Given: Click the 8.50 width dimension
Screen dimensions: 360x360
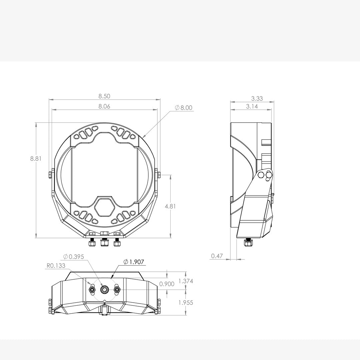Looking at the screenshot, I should point(104,96).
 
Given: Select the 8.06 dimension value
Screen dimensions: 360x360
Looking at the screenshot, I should point(104,107).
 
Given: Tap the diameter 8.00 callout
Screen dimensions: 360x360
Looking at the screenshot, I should point(184,108).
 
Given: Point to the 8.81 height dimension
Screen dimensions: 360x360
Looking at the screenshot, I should point(36,159).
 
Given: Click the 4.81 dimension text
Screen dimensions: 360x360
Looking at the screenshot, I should point(170,206).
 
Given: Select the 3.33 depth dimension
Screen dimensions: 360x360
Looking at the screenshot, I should point(257,98).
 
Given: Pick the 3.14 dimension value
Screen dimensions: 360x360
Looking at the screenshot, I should point(252,107).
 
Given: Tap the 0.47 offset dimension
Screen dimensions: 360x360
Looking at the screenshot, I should point(217,256).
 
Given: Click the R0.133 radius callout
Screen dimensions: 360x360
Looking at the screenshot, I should point(56,266).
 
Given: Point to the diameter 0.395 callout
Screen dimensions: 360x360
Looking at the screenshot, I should point(74,257).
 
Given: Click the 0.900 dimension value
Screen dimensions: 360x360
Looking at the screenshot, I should point(167,284).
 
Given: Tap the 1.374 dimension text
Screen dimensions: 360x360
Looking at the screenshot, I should point(186,281).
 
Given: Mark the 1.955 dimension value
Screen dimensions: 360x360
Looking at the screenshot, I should point(186,303).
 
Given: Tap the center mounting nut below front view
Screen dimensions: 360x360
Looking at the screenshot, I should point(104,243).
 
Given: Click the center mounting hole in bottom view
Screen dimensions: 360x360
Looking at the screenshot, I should point(105,290).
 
